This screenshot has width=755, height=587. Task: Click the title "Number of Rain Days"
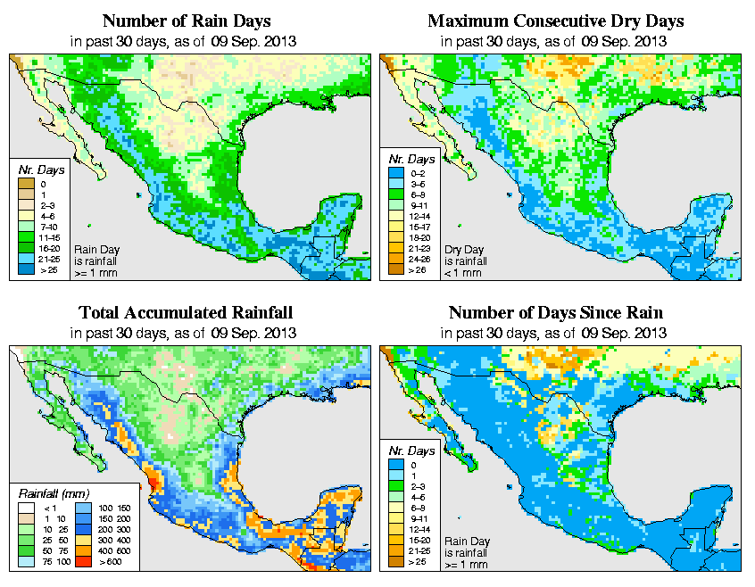click(186, 21)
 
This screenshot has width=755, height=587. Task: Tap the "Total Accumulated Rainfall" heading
click(186, 313)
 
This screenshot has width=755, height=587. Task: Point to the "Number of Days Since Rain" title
click(555, 313)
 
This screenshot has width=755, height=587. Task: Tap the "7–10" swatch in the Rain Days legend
click(24, 228)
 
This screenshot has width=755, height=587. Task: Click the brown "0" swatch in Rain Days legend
click(24, 184)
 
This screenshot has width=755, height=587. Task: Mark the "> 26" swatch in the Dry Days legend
click(392, 269)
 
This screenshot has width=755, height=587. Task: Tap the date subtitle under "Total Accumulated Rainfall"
click(186, 333)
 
